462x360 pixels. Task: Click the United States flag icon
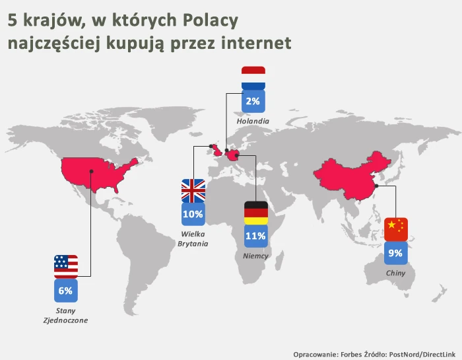[66, 267]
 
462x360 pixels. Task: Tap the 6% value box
[66, 291]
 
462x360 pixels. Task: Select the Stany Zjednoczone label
[65, 316]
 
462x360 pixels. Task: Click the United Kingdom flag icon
[193, 190]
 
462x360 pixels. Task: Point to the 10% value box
[193, 214]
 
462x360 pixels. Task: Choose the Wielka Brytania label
[193, 239]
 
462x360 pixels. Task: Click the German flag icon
[256, 213]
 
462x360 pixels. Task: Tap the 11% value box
[256, 236]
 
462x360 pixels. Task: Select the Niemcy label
[255, 256]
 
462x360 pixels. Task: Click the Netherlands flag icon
[253, 78]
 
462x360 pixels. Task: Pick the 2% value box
[253, 102]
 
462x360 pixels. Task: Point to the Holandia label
[253, 121]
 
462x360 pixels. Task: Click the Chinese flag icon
[396, 229]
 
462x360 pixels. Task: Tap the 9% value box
[396, 253]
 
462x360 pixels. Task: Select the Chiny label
[396, 273]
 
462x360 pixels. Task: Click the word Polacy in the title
[211, 21]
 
